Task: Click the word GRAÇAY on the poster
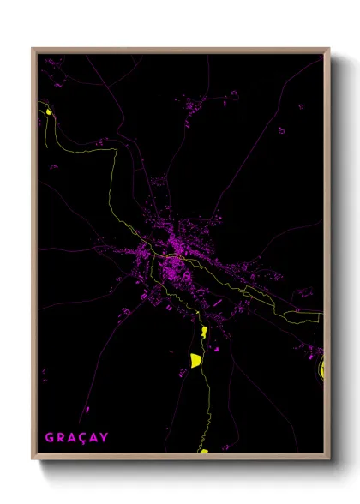tap(76, 438)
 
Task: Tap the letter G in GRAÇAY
tap(49, 438)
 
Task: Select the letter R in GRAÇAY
tap(60, 438)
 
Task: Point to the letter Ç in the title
tap(82, 438)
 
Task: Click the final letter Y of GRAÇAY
tap(105, 438)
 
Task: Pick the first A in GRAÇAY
tap(71, 438)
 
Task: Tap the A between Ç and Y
tap(93, 438)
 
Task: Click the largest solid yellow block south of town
tap(195, 359)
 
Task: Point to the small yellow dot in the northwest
tap(49, 111)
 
